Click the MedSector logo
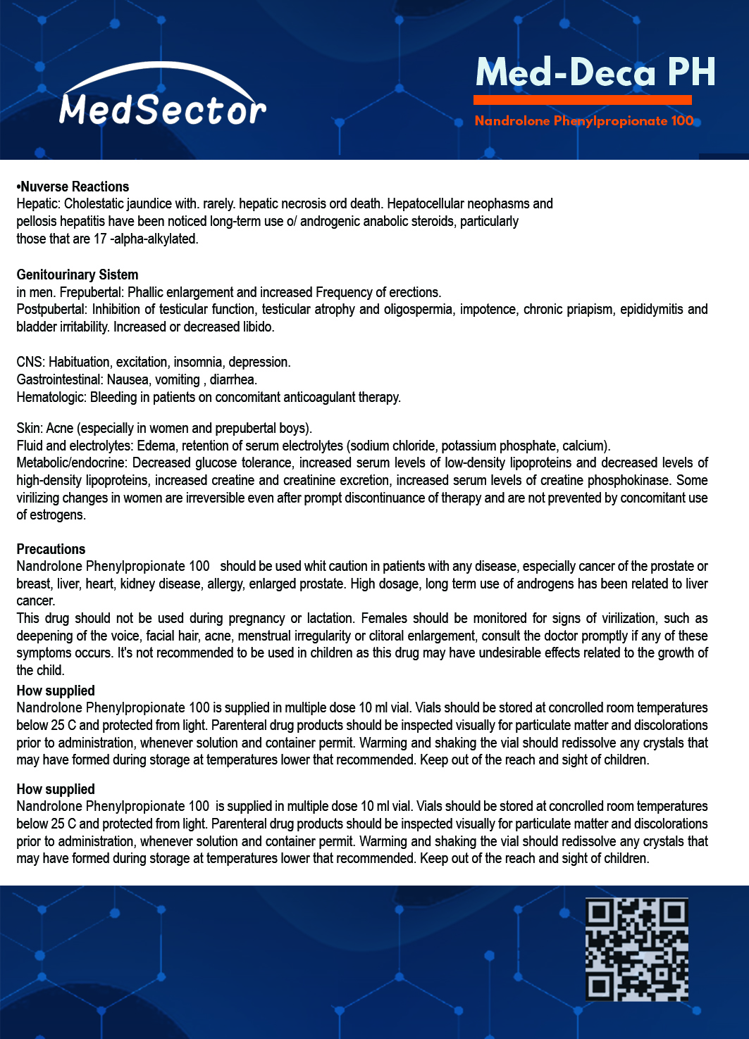click(163, 99)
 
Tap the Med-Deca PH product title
click(595, 73)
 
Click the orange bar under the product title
click(582, 100)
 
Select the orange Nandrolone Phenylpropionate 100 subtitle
click(584, 121)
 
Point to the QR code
click(637, 949)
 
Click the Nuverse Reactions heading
click(73, 187)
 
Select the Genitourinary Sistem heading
click(78, 275)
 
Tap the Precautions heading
click(51, 549)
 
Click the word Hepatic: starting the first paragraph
click(39, 204)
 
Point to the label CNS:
click(31, 363)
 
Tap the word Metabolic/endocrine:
click(71, 463)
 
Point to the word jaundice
click(149, 204)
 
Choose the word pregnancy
click(252, 619)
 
